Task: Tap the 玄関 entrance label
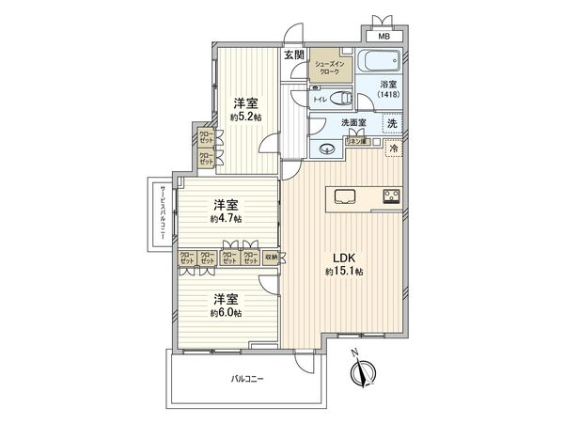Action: coord(294,55)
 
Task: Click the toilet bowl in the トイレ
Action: coord(339,97)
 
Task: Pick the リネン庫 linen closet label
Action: coord(356,141)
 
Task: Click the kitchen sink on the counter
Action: coord(343,197)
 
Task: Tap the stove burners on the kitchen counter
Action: coord(391,197)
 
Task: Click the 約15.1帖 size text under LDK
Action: coord(345,272)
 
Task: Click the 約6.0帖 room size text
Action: coord(226,312)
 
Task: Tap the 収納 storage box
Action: coord(271,256)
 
